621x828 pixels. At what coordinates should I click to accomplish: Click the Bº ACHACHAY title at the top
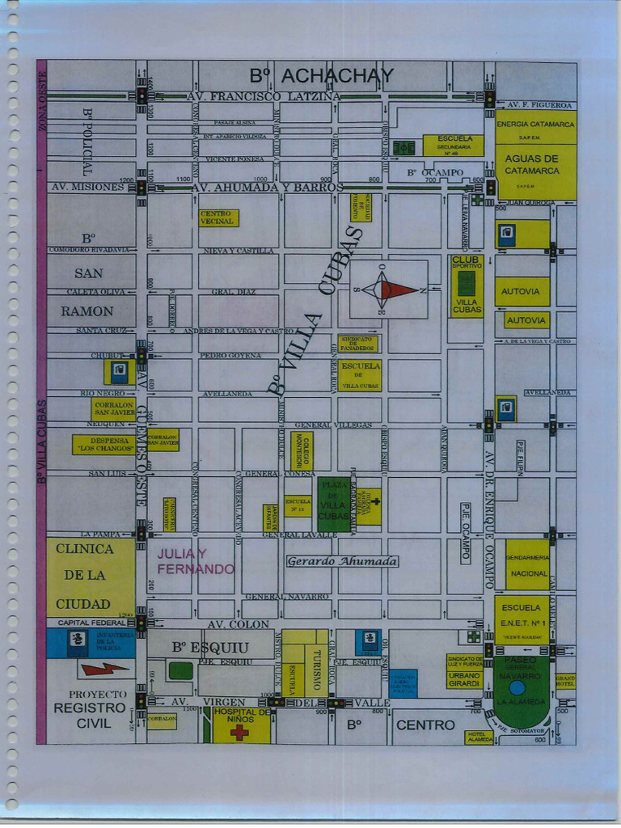(321, 76)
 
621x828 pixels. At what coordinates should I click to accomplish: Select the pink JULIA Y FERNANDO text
(195, 561)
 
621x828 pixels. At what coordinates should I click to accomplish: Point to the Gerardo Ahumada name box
(342, 561)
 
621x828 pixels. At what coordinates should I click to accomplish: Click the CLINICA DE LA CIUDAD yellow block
(90, 577)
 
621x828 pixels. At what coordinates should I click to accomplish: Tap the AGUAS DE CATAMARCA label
(531, 165)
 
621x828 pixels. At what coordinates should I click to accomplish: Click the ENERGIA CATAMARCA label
(535, 125)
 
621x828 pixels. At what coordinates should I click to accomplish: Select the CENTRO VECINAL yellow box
(218, 218)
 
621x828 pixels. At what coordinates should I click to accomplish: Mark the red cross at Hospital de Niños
(239, 733)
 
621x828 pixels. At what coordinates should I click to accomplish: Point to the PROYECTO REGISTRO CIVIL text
(90, 709)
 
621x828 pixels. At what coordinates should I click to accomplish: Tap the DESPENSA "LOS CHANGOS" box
(103, 445)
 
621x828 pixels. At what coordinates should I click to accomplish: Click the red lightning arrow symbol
(103, 669)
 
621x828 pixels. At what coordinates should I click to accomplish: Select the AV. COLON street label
(238, 624)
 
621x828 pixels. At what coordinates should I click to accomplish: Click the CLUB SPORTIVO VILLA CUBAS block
(467, 285)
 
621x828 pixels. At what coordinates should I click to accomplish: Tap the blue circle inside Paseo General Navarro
(517, 687)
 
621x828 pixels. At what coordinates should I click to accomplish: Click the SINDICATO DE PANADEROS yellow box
(357, 344)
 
